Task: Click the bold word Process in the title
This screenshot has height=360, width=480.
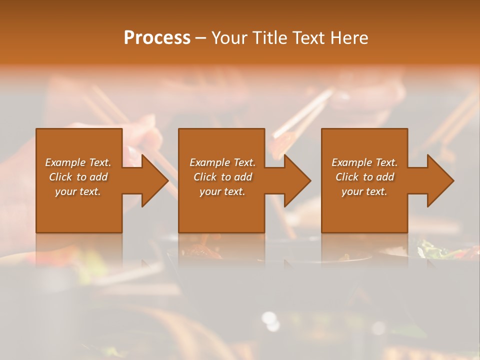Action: pos(157,38)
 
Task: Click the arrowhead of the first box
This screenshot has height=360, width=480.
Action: pos(153,180)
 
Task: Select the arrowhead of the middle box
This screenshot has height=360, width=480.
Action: pos(295,180)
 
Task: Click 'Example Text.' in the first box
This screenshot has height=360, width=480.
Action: pos(78,162)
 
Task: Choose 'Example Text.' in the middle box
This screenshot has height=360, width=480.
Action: pos(222,162)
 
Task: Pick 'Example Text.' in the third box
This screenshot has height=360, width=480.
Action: pos(364,162)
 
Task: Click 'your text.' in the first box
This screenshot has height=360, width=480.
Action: pos(78,191)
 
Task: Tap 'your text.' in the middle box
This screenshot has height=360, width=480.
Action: pos(222,191)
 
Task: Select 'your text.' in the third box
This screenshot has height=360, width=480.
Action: pos(364,191)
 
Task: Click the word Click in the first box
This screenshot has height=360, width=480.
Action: pos(60,177)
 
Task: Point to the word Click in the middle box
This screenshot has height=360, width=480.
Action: pos(205,177)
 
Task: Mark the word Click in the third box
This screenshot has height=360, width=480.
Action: pos(347,177)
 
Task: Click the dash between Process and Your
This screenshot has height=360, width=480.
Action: pos(201,38)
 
